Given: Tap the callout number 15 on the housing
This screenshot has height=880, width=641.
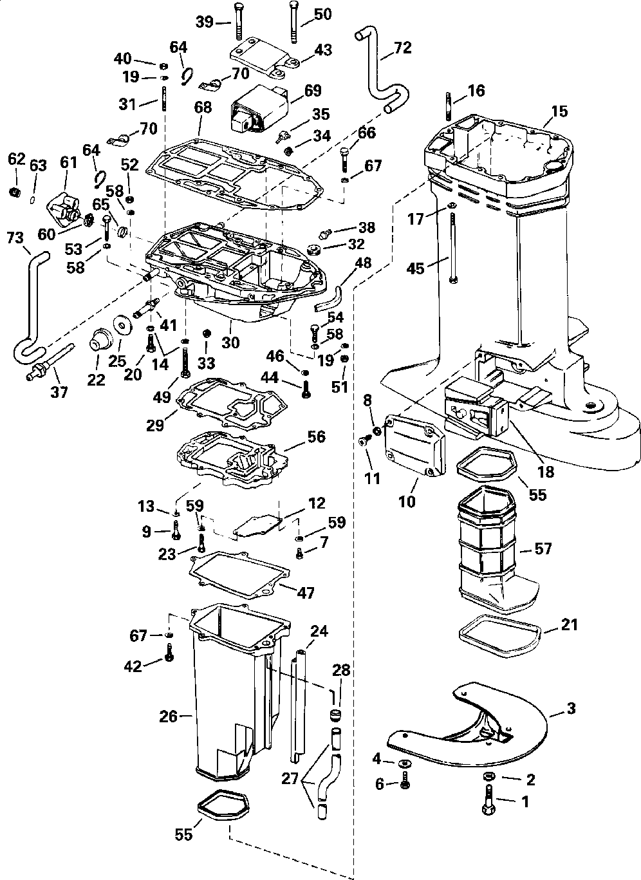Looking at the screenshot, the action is [x=559, y=111].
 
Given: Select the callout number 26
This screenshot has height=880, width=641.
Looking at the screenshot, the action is [x=169, y=716].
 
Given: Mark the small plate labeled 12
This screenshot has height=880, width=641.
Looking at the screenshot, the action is [x=257, y=527].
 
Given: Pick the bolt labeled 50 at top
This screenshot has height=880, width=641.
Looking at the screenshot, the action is [x=293, y=23].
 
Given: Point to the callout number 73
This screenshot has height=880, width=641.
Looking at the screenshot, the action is [x=15, y=238].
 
